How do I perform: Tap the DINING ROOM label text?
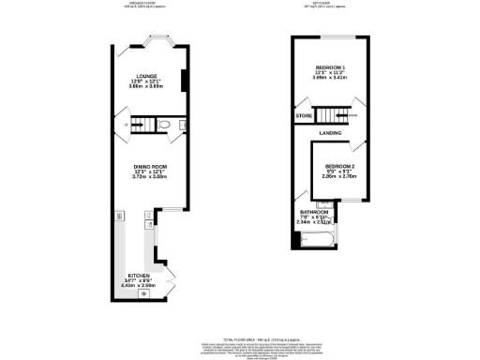tap(150, 165)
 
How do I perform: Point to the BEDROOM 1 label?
tap(331, 68)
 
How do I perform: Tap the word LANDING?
tap(330, 133)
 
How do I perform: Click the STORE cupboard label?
tap(304, 116)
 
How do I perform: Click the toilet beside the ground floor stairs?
tap(164, 125)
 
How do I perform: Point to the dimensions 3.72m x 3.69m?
tap(150, 176)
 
